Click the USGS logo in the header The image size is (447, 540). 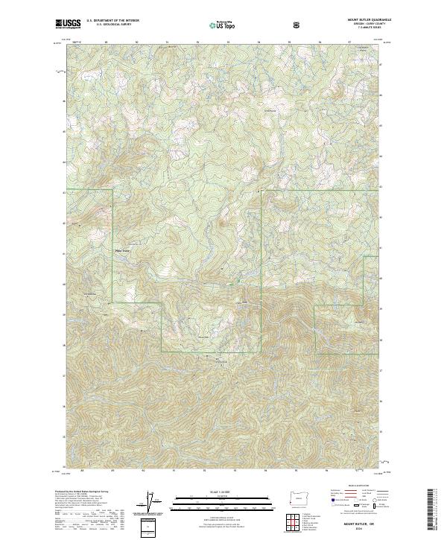[x=68, y=24]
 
